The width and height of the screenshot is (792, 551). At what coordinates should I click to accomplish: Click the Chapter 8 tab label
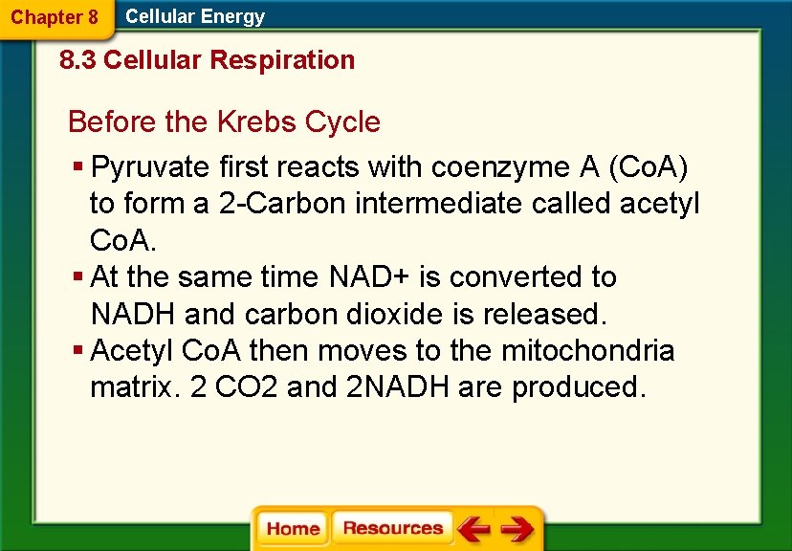(x=55, y=17)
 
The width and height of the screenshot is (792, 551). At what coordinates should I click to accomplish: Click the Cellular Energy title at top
(x=195, y=16)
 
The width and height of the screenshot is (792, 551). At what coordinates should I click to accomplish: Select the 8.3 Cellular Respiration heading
(x=207, y=60)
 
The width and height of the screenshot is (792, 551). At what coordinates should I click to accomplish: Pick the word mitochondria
(x=587, y=351)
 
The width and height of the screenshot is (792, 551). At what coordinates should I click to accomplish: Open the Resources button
(x=392, y=528)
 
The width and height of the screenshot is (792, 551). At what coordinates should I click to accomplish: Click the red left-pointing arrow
(x=473, y=528)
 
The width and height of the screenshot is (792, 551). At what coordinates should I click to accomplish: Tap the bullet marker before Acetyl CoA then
(x=77, y=351)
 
